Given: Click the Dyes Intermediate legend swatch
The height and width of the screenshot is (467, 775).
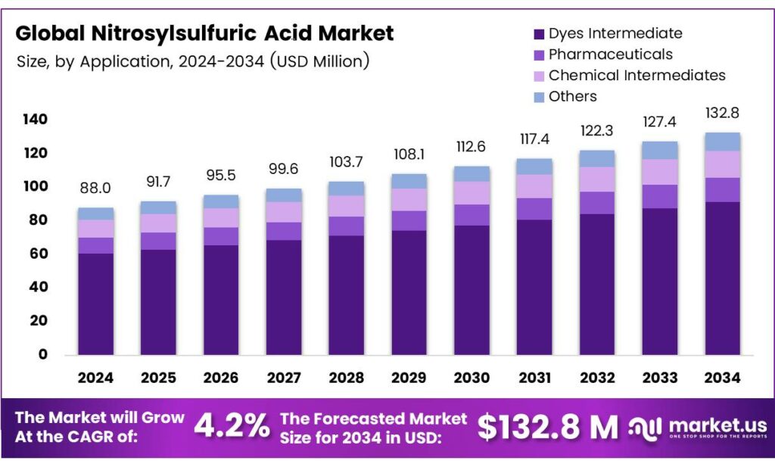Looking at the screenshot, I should click(539, 34).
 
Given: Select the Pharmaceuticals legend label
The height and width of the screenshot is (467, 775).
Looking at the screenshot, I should click(610, 54).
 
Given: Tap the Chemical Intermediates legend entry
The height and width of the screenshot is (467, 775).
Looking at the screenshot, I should click(636, 76).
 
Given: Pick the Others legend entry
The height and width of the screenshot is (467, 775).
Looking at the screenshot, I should click(572, 96).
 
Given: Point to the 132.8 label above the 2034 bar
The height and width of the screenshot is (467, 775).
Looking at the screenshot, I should click(722, 113).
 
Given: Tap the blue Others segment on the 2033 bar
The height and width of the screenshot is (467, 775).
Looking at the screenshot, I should click(659, 150).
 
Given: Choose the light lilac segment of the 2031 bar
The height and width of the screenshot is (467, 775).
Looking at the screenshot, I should click(534, 186).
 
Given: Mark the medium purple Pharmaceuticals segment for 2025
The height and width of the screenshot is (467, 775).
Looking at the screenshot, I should click(158, 241).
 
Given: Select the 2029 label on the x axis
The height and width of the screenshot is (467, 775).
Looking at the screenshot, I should click(409, 377).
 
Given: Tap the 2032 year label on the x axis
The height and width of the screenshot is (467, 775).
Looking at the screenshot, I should click(596, 377).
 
